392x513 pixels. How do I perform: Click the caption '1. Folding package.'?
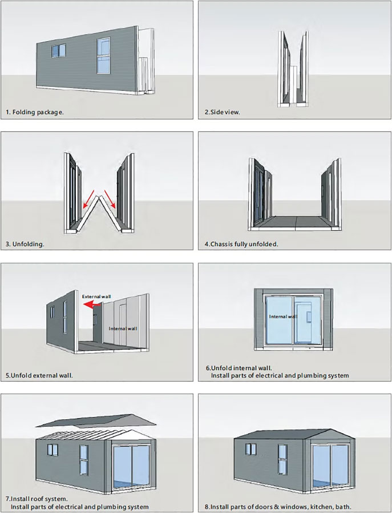click(x=35, y=112)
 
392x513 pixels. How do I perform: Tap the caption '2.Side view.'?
click(x=223, y=112)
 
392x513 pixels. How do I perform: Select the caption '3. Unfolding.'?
click(x=25, y=244)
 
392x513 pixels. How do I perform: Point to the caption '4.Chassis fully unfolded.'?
click(x=241, y=244)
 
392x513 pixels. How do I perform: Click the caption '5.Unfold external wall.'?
click(x=39, y=375)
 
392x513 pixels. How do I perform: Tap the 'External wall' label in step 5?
click(x=96, y=296)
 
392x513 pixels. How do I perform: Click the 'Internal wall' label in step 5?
click(x=123, y=328)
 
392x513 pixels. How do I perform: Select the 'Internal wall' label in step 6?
click(x=283, y=316)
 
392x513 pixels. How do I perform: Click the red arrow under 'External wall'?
click(x=92, y=305)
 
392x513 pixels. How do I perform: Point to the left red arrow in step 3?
click(x=88, y=199)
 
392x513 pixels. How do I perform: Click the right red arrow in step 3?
click(x=110, y=199)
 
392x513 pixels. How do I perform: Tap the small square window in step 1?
click(x=58, y=51)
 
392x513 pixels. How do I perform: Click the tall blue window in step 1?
click(x=103, y=55)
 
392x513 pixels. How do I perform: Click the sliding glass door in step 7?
click(x=131, y=466)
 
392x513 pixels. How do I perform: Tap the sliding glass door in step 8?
click(x=330, y=466)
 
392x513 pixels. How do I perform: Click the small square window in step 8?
click(x=251, y=449)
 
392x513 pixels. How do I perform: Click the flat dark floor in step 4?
click(x=295, y=221)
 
